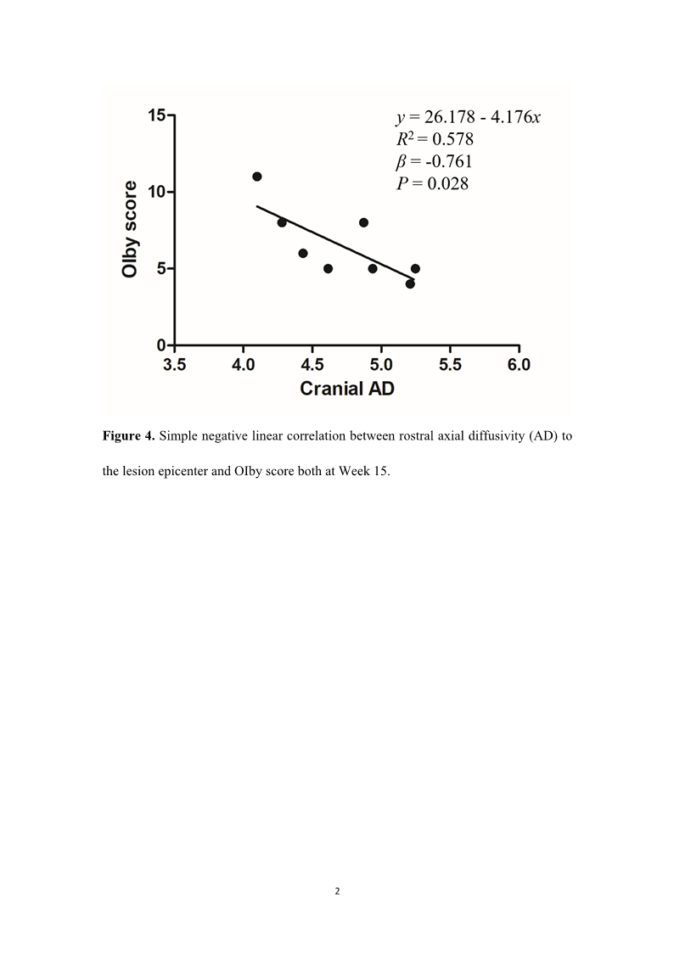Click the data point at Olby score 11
click(x=257, y=177)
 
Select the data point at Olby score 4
click(x=410, y=283)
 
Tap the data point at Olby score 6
click(x=303, y=253)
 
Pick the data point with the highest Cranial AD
click(x=415, y=268)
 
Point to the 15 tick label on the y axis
click(x=156, y=115)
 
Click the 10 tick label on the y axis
click(x=156, y=192)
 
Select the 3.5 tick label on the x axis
click(x=175, y=365)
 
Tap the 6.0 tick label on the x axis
click(x=519, y=365)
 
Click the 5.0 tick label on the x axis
click(x=381, y=365)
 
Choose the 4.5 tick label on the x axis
click(x=312, y=365)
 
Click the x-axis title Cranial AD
click(x=346, y=389)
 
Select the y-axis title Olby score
click(x=130, y=229)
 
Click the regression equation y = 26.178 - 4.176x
click(x=468, y=117)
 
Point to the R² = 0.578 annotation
click(x=435, y=139)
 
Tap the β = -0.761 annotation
click(x=435, y=161)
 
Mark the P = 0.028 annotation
click(x=432, y=183)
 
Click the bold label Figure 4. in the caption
click(x=128, y=436)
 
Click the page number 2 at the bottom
click(x=337, y=891)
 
